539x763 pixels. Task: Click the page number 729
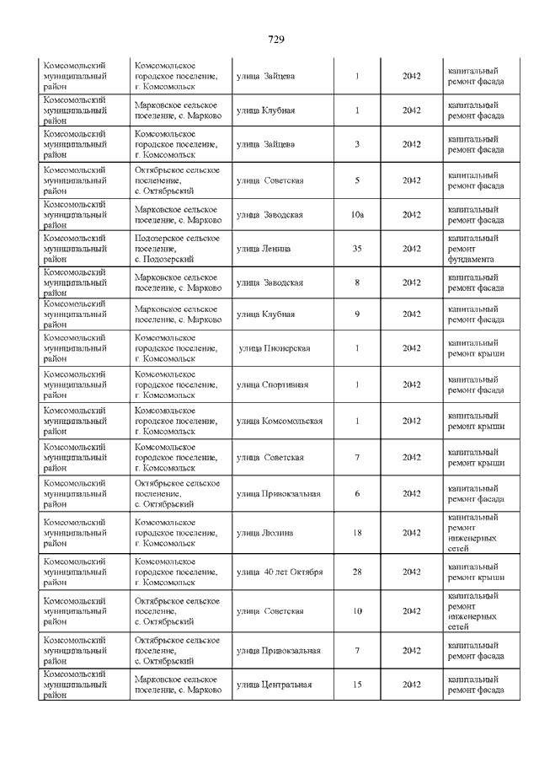[x=276, y=40]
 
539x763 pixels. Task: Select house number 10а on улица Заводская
[x=357, y=215]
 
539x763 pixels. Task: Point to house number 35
[x=357, y=249]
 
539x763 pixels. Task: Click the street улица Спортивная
[x=272, y=384]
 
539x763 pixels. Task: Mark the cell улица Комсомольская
[x=280, y=421]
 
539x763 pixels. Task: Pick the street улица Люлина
[x=265, y=533]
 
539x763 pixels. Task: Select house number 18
[x=357, y=533]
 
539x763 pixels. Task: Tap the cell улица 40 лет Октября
[x=280, y=572]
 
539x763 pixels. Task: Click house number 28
[x=357, y=572]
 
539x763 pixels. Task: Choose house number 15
[x=357, y=684]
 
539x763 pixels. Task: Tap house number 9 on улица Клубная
[x=357, y=314]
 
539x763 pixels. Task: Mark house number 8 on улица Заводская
[x=357, y=282]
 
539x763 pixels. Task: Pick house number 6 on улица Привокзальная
[x=357, y=493]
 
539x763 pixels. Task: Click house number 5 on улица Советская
[x=357, y=180]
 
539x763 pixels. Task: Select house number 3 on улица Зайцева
[x=357, y=144]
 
